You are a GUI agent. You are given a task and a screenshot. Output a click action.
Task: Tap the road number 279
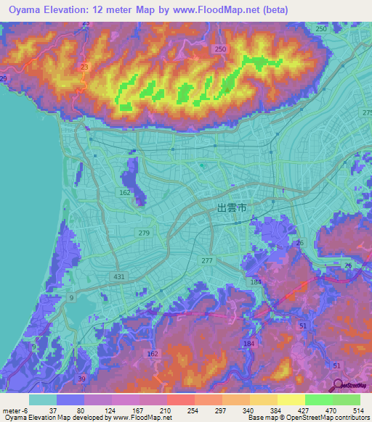tap(144, 233)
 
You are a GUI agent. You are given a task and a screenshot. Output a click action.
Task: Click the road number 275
tap(367, 113)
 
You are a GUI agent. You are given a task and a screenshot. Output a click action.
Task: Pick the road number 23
tap(85, 67)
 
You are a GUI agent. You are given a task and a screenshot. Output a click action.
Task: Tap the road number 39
tap(81, 379)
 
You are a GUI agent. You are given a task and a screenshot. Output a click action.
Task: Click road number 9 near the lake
tap(71, 298)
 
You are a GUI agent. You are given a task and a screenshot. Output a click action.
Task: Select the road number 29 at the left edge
tap(4, 78)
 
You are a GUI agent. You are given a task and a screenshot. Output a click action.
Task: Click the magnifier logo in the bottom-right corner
tap(338, 385)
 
